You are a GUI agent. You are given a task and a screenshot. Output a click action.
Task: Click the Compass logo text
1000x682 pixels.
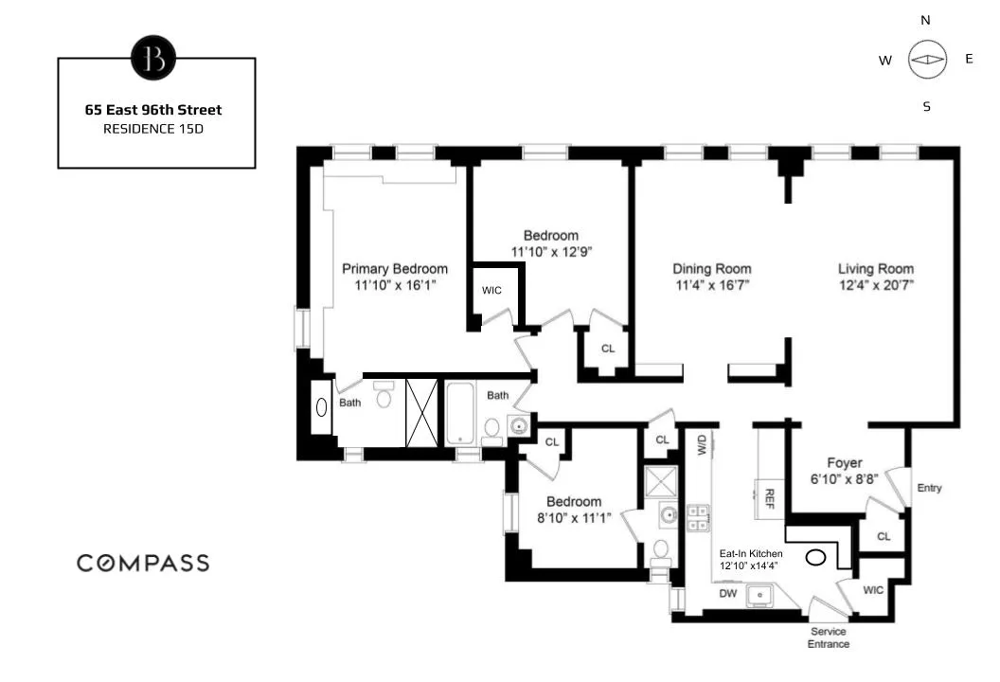pos(143,563)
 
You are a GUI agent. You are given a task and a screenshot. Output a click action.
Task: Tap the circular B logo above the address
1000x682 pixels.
pos(153,59)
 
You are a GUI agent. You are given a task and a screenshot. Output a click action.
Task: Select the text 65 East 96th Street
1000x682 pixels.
pos(153,110)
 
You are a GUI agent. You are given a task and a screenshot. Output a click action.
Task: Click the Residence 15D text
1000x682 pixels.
pos(153,128)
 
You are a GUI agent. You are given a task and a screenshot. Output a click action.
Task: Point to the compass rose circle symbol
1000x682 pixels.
pos(927,60)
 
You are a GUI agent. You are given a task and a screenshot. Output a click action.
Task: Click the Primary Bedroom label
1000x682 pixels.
pos(395,269)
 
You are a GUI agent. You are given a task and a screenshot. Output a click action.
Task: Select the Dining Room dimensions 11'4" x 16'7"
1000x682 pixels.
pos(712,284)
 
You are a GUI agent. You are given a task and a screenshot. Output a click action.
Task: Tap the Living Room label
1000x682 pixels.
pos(875,268)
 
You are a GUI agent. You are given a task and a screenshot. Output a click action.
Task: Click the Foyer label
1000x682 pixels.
pos(844,463)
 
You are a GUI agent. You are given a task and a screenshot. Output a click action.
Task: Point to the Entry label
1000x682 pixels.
pos(929,488)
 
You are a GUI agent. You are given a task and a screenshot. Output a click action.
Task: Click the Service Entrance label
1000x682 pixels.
pos(828,637)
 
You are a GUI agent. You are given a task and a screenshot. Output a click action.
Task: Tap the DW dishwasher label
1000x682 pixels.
pos(728,594)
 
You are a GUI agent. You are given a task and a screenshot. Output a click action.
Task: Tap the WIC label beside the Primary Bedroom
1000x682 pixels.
pos(491,290)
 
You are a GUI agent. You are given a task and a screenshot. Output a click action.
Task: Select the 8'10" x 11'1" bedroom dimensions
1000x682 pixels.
pos(573,517)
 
